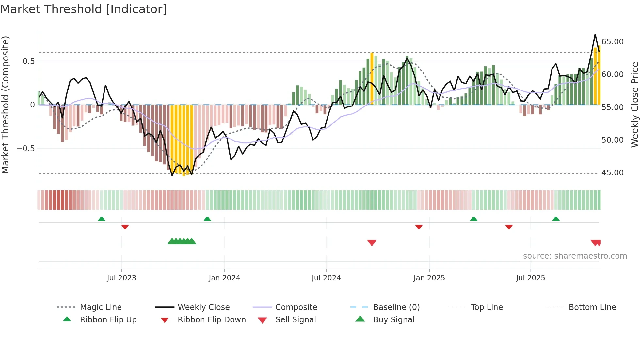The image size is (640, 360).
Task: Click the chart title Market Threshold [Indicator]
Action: tap(84, 9)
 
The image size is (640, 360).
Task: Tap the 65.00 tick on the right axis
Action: tap(612, 42)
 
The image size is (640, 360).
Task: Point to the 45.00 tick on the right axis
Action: tap(612, 173)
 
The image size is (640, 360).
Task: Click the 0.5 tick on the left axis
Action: tap(28, 61)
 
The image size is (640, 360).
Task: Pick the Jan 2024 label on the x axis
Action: tap(224, 278)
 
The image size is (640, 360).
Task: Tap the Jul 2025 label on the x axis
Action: tap(530, 278)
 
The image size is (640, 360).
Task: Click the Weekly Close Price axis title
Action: tap(634, 105)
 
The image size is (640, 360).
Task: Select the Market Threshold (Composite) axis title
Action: tap(5, 105)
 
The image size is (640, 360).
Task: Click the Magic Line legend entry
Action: tap(101, 307)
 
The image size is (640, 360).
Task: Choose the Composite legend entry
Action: tap(296, 307)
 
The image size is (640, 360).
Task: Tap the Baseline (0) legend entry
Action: tap(396, 307)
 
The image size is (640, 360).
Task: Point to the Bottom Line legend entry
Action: tap(592, 307)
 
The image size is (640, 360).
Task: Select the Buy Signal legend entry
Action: tap(393, 320)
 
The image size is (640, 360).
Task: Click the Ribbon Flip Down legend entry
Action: tap(211, 320)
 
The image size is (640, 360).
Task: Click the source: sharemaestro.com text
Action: tap(575, 256)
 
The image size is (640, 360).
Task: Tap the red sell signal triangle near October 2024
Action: tap(372, 243)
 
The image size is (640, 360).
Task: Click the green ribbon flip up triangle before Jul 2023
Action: tap(102, 219)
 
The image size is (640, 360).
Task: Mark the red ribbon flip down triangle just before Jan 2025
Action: tap(419, 227)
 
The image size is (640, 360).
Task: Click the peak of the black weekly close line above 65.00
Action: tap(595, 34)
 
